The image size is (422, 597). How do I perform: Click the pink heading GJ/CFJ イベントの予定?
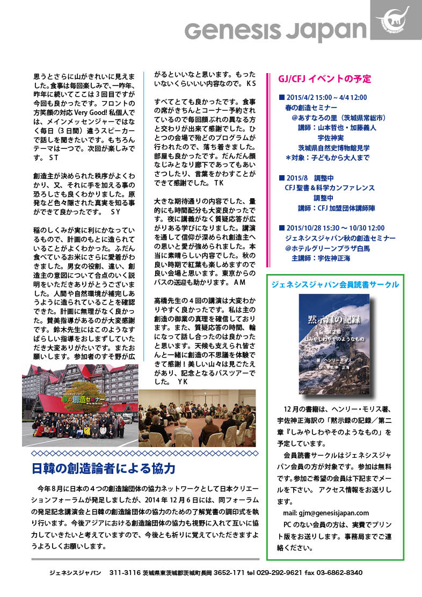pos(324,78)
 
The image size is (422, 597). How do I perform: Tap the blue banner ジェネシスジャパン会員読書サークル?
pos(335,284)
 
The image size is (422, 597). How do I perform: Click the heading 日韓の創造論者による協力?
pos(104,468)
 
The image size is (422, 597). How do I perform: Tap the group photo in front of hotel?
pos(79,405)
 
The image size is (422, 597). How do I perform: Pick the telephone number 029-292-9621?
pos(279,573)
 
